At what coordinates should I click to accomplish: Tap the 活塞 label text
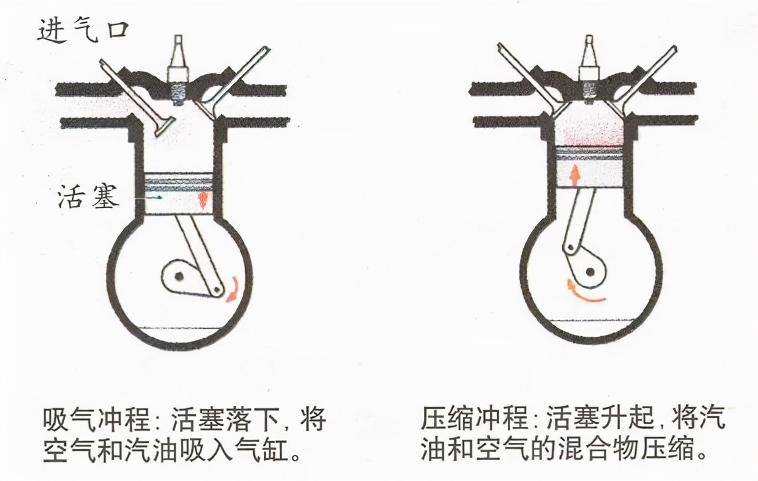coord(87,198)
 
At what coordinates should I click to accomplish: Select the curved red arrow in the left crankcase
coord(233,289)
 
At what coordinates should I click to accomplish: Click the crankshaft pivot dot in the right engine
coord(590,270)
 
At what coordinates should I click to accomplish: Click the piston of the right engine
coord(588,166)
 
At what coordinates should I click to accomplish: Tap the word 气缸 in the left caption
coord(265,451)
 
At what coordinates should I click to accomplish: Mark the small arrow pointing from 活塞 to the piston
coord(152,197)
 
